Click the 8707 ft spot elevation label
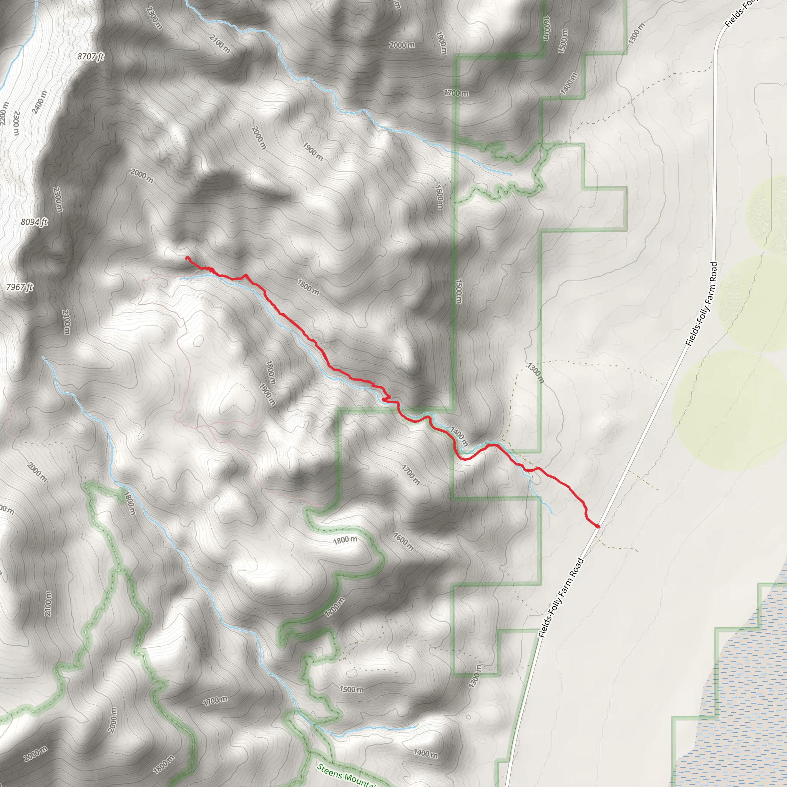(x=90, y=56)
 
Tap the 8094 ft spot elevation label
(x=34, y=222)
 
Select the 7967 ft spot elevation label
(x=20, y=287)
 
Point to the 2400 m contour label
(x=39, y=102)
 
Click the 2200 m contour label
(x=4, y=113)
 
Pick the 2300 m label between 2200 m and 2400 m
(x=16, y=123)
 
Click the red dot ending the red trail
(x=598, y=526)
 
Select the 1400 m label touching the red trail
(x=459, y=436)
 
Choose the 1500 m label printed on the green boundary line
(x=458, y=291)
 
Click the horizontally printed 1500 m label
(x=352, y=689)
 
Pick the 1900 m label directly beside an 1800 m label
(x=267, y=394)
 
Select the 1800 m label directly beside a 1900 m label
(x=271, y=372)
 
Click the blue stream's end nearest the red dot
(x=551, y=513)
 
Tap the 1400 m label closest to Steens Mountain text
(x=426, y=754)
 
